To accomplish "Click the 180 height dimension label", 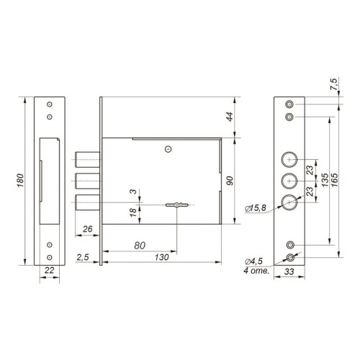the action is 21,181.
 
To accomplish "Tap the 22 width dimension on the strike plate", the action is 50,270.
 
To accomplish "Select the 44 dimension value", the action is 230,117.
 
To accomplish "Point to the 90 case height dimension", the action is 230,181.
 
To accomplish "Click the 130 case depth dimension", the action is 162,257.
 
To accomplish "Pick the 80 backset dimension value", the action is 140,246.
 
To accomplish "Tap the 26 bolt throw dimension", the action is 87,229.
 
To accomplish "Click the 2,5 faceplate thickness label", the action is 83,257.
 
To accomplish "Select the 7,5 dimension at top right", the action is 333,84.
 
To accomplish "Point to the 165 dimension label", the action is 334,180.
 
